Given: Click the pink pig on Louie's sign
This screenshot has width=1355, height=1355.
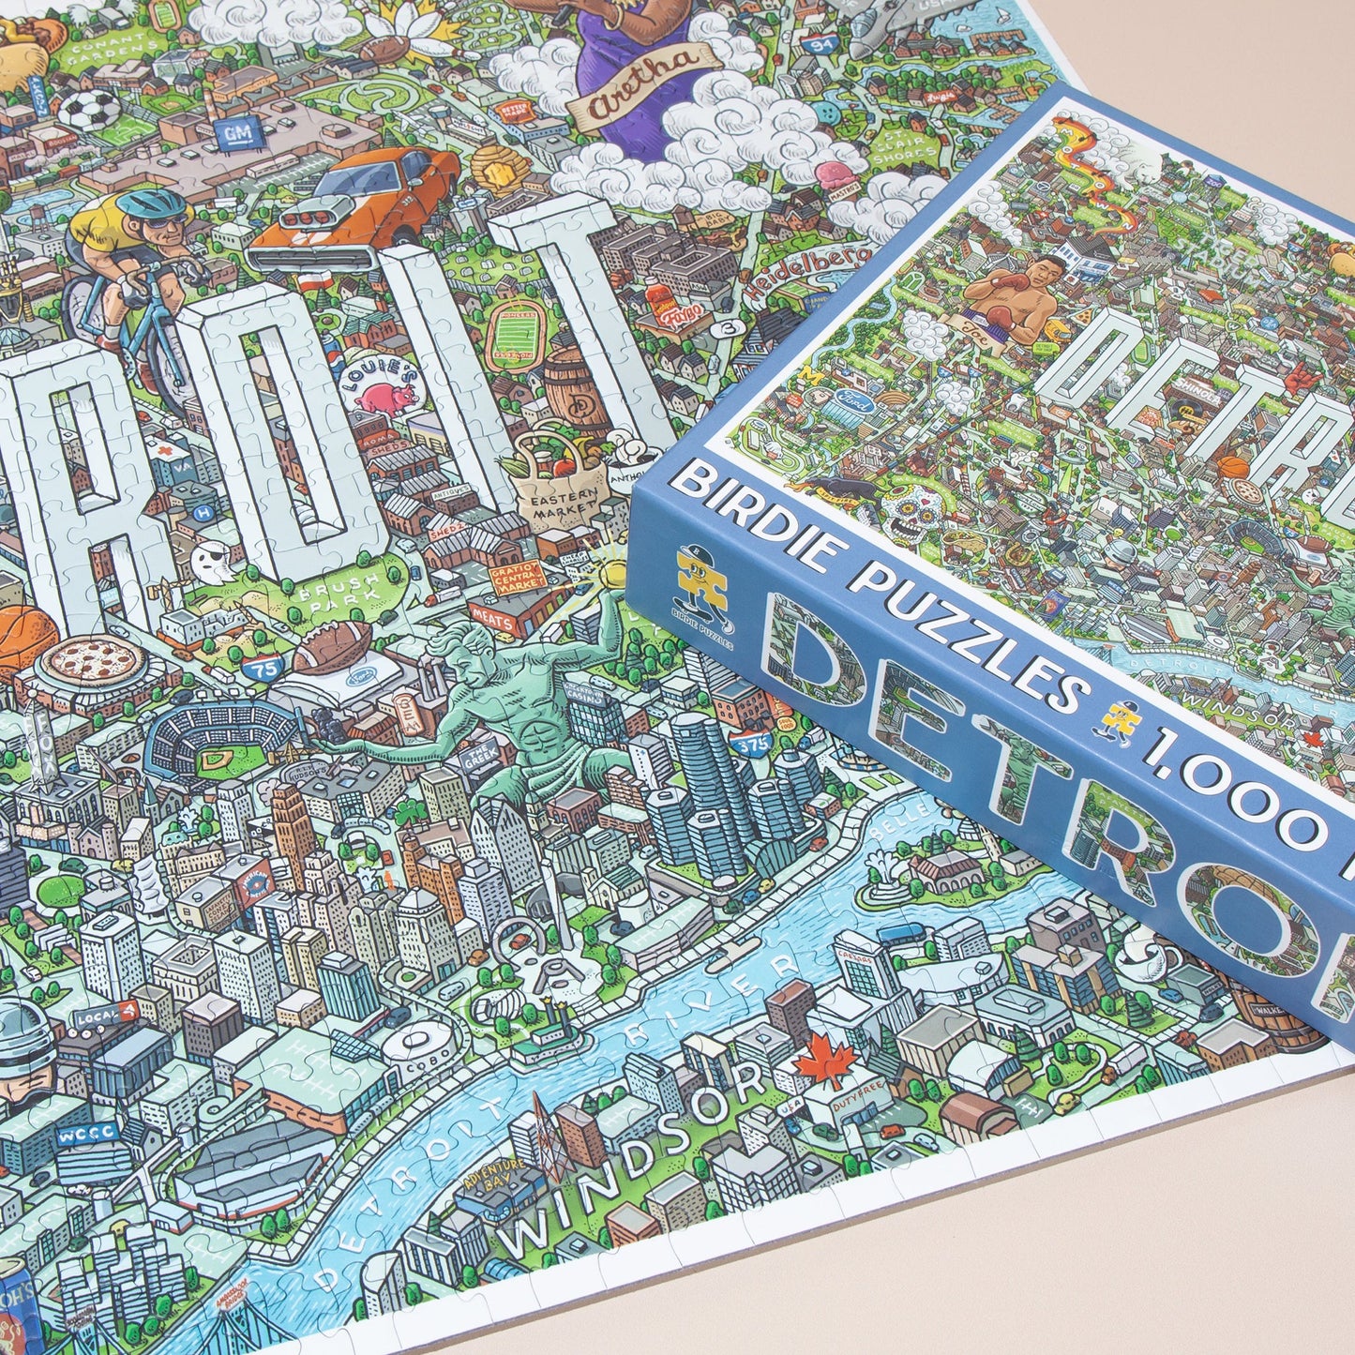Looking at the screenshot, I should (x=385, y=395).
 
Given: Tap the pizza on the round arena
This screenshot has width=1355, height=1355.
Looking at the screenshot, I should (x=94, y=660).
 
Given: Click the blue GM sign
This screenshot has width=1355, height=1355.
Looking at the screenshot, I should (x=230, y=135).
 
